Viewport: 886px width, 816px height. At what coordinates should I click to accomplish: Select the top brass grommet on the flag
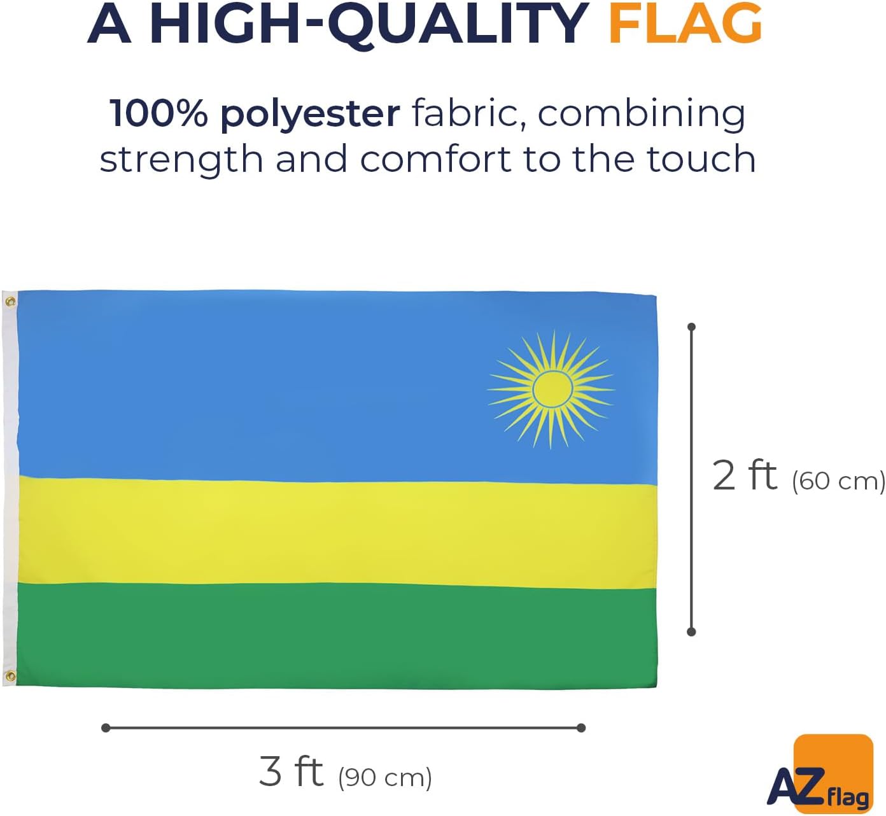pos(11,302)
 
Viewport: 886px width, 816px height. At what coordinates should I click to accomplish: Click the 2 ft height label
pos(744,476)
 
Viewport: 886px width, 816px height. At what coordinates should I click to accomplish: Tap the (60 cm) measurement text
pos(838,481)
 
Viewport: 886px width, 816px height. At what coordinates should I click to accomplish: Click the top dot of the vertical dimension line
pos(692,327)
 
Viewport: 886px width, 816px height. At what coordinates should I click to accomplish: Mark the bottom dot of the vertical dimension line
pos(692,632)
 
